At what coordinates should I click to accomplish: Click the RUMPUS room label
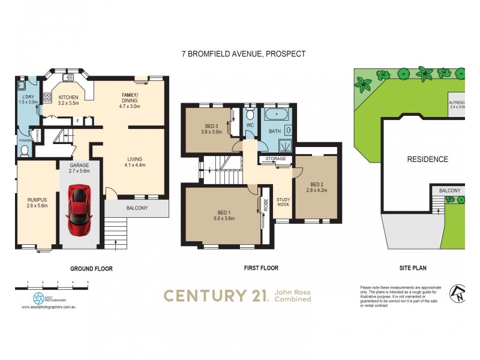coord(37,202)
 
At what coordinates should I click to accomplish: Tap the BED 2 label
coord(317,187)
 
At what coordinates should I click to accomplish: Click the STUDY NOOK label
coord(283,203)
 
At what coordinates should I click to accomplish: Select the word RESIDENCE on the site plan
coord(428,160)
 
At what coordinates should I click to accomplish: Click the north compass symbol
coord(457,293)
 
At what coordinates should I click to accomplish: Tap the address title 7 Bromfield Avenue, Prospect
coord(244,54)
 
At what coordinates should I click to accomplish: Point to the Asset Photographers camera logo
coord(38,298)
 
